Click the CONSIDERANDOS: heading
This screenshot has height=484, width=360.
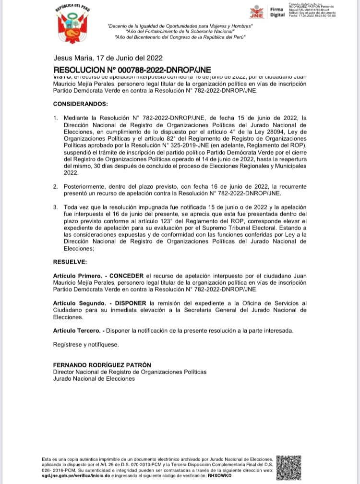pyautogui.click(x=81, y=104)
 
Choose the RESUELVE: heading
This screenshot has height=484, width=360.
pyautogui.click(x=70, y=262)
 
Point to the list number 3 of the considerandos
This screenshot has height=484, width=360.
pyautogui.click(x=55, y=206)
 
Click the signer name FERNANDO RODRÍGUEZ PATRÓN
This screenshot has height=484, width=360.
pyautogui.click(x=102, y=365)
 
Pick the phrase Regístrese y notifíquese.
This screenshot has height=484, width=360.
pyautogui.click(x=85, y=344)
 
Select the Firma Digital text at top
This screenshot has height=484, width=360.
pyautogui.click(x=277, y=12)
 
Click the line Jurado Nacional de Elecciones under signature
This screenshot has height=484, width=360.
pyautogui.click(x=94, y=378)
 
